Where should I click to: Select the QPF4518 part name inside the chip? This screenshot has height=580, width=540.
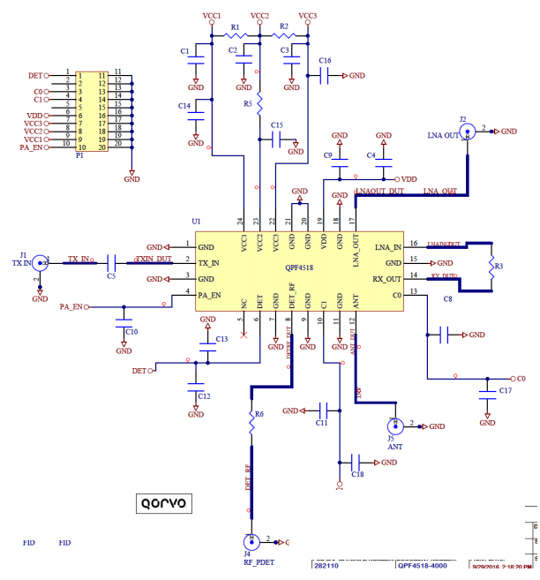(301, 265)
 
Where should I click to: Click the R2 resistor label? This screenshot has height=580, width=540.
(283, 27)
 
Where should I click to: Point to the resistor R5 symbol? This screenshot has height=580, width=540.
(259, 91)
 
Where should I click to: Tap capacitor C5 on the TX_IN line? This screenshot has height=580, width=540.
(112, 263)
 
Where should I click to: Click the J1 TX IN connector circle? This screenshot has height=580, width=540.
(40, 263)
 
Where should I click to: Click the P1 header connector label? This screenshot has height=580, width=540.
(79, 154)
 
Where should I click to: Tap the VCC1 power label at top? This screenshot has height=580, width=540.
(212, 16)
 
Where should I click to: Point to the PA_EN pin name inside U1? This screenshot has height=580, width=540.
(210, 295)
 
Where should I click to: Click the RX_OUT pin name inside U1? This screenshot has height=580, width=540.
(386, 279)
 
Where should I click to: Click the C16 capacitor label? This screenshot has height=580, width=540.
(325, 61)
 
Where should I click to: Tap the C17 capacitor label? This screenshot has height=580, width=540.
(505, 390)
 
